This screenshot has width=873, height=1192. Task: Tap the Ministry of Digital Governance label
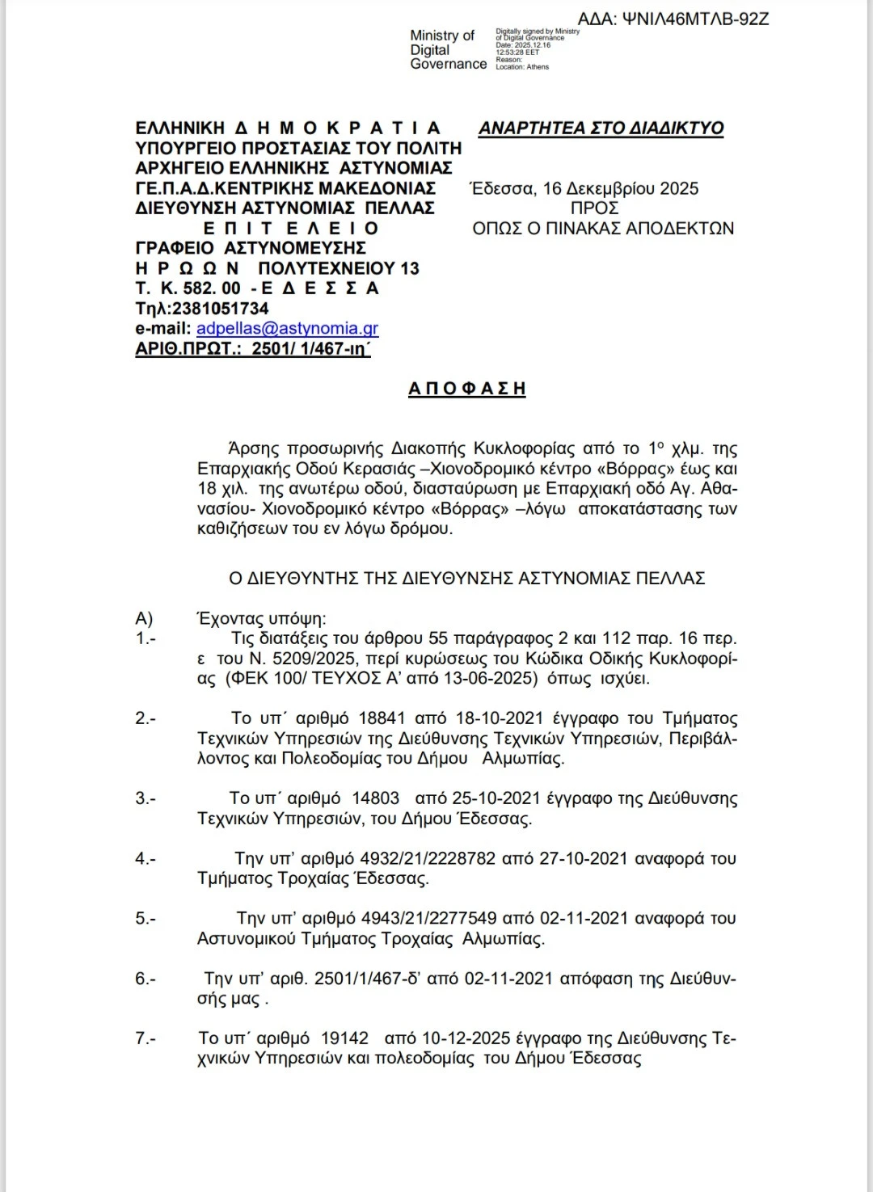point(447,50)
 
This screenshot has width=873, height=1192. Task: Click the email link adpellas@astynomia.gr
point(287,329)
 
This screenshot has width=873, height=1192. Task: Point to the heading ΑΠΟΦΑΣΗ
point(466,389)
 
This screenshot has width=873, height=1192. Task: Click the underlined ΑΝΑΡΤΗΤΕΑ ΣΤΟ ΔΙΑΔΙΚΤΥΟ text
point(601,128)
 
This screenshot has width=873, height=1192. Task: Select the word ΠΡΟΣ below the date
point(594,208)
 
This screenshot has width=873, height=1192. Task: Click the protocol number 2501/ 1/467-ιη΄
point(311,349)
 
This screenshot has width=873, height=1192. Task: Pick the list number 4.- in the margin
point(145,859)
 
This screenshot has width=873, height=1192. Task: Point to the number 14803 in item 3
point(375,798)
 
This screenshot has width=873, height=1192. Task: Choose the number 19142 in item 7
point(344,1038)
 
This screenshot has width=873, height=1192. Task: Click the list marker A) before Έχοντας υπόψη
point(144,619)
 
